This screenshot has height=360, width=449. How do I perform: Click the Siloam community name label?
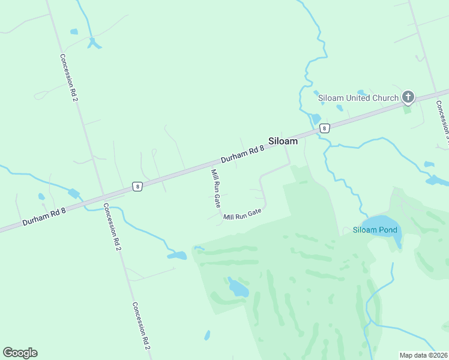[x=283, y=141]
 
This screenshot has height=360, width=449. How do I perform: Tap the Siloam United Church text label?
[x=358, y=98]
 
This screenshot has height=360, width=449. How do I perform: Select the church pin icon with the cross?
[x=408, y=97]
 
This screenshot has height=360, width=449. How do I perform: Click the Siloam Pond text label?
[x=375, y=230]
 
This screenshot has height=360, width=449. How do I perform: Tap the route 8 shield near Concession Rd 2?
[x=137, y=187]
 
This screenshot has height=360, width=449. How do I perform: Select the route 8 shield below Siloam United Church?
[x=324, y=128]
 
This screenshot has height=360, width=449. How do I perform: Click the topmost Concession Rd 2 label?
[x=70, y=77]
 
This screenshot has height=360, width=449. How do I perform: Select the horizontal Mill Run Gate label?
[x=243, y=214]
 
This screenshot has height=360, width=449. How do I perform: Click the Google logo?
[x=20, y=353]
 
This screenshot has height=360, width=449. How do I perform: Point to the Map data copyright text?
[x=424, y=355]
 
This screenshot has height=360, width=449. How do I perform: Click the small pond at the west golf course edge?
[x=178, y=256]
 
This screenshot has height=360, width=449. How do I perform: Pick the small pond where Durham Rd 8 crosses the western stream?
[x=74, y=193]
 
